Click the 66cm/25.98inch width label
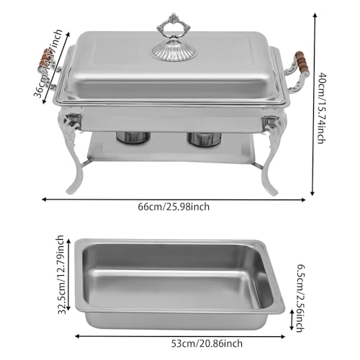click(174, 207)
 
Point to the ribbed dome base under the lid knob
click(169, 48)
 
